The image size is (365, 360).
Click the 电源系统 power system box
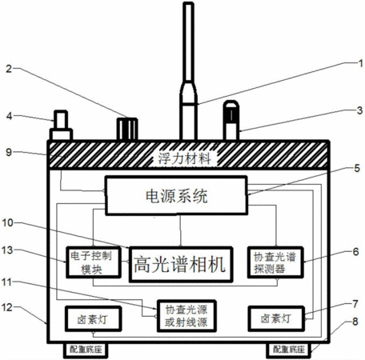(176, 195)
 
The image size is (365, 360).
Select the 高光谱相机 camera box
(181, 264)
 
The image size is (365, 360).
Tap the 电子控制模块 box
(93, 262)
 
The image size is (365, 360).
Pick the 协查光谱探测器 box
(275, 262)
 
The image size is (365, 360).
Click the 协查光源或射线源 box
(187, 316)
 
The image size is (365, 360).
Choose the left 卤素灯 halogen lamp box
(93, 318)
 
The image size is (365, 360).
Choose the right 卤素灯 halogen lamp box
(276, 318)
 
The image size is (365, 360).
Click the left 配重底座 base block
(86, 350)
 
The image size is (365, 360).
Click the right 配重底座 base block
(289, 350)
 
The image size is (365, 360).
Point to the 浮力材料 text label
(184, 158)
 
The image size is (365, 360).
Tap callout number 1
(360, 63)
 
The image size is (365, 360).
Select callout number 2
(9, 69)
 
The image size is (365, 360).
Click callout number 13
(7, 250)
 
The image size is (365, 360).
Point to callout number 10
(8, 222)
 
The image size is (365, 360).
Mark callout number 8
(355, 322)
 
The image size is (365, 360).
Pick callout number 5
(357, 168)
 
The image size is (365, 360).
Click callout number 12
(7, 307)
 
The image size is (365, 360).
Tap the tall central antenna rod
(189, 71)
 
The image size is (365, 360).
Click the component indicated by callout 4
(61, 126)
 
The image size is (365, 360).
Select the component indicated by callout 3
(231, 120)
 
